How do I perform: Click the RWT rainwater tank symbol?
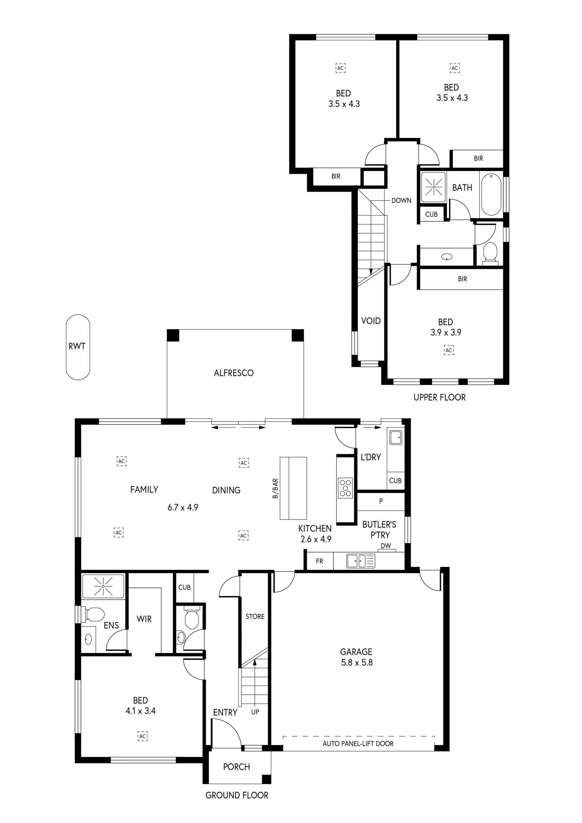pos(78,347)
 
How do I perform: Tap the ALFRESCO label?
pos(234,373)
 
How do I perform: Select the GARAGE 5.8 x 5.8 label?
pos(356,657)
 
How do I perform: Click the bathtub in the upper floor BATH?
pos(491,194)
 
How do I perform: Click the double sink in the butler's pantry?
pos(360,561)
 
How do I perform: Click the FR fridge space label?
pos(319,561)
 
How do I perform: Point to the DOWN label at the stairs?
pos(401,200)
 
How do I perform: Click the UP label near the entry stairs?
pos(255,712)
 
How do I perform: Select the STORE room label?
pos(255,617)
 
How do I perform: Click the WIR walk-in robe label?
pos(144,619)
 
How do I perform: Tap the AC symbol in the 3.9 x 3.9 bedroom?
pos(449,350)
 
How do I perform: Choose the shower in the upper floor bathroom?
pos(434,187)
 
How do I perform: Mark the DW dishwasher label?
pos(386,546)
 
